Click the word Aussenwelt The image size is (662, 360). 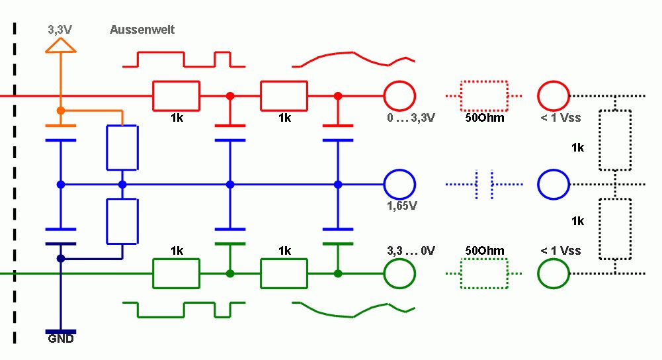[142, 30]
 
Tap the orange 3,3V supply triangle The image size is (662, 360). [60, 44]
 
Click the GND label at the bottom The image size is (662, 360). [60, 339]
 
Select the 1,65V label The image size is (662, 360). [401, 205]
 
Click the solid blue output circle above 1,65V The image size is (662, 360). [399, 184]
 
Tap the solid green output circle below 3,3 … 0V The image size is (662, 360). [399, 272]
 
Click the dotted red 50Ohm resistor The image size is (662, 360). [485, 96]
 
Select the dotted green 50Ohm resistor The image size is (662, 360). [485, 272]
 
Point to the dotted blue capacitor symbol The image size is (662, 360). [485, 184]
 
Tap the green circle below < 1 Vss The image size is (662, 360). [553, 272]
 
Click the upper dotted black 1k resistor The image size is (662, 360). [615, 140]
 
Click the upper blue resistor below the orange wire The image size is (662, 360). [122, 147]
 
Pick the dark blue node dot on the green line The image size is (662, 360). [61, 258]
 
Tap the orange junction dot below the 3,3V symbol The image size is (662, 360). [61, 110]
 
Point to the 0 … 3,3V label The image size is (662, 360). [411, 118]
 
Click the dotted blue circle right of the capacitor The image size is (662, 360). [553, 184]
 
